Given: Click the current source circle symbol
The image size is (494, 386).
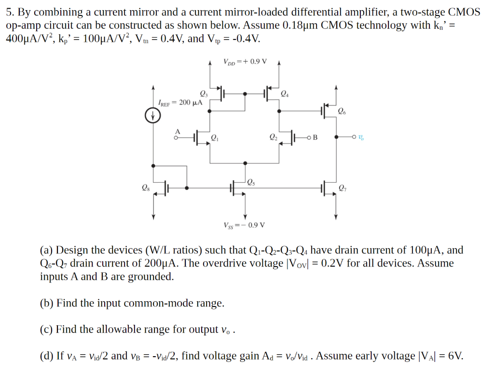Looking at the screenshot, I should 153,116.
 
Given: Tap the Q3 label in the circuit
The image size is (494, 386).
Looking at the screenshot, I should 203,93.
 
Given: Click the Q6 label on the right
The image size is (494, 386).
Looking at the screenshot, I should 342,112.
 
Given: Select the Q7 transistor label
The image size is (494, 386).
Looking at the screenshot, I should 342,188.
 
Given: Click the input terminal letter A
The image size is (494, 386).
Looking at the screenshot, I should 177,131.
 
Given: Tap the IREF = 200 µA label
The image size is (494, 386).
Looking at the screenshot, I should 180,103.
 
